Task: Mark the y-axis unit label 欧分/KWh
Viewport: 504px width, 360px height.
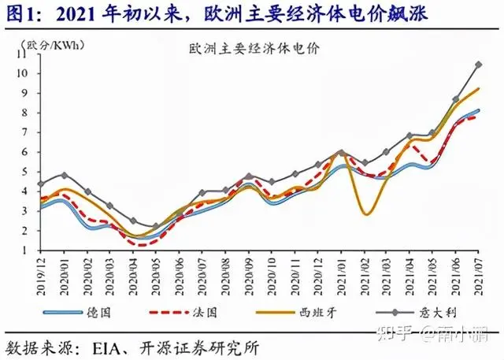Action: pyautogui.click(x=52, y=44)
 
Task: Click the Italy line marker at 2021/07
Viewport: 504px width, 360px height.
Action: pyautogui.click(x=478, y=65)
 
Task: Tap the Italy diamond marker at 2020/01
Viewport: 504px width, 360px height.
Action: pyautogui.click(x=64, y=175)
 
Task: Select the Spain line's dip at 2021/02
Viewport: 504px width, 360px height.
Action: pyautogui.click(x=366, y=213)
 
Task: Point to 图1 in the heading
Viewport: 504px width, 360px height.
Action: pyautogui.click(x=20, y=13)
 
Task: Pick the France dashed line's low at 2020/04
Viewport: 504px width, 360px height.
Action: pyautogui.click(x=134, y=244)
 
